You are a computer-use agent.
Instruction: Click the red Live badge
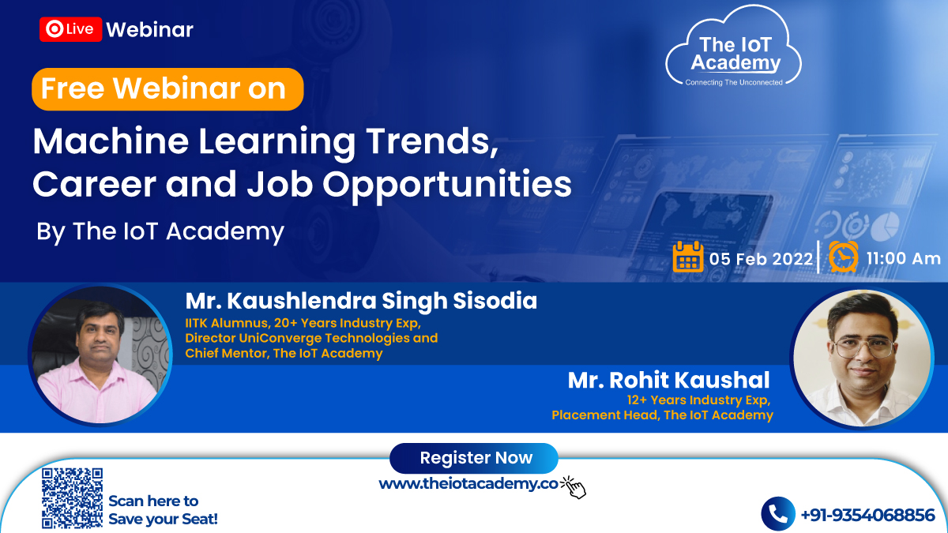click(70, 29)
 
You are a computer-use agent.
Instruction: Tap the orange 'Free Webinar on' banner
click(167, 89)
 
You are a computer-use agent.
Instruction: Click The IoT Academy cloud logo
click(733, 47)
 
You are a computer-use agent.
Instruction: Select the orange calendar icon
click(688, 257)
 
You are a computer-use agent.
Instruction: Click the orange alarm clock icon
click(844, 257)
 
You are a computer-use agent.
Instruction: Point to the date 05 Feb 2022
click(761, 259)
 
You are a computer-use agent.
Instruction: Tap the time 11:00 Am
click(904, 258)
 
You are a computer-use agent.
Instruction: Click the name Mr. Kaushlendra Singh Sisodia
click(361, 301)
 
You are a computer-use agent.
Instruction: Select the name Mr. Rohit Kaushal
click(668, 380)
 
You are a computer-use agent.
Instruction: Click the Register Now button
click(474, 458)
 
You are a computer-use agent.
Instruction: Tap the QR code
click(72, 498)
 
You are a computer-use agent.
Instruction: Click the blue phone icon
click(778, 514)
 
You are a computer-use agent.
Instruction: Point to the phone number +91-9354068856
click(868, 515)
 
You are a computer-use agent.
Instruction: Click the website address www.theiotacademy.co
click(468, 483)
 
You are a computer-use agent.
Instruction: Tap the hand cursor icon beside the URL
click(574, 487)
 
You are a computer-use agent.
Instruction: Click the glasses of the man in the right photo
click(863, 348)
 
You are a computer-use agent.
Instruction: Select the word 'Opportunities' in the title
click(447, 186)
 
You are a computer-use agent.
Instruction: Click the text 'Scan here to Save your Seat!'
click(163, 510)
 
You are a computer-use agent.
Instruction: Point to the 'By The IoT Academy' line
click(160, 231)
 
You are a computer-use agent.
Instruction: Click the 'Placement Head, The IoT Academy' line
click(662, 415)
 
